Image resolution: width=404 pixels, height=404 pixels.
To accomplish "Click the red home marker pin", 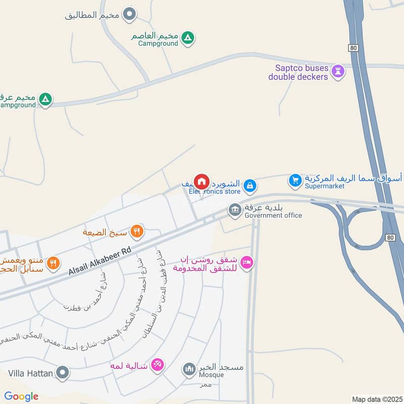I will [201, 181].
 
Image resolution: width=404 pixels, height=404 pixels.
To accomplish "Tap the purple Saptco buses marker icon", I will [338, 72].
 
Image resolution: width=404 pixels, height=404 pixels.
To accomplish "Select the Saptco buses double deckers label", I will [302, 72].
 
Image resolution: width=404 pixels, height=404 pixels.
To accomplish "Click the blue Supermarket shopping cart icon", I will [295, 179].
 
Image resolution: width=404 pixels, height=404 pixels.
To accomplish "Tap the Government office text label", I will [273, 216].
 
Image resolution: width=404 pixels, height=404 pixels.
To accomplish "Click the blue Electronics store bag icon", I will [249, 186].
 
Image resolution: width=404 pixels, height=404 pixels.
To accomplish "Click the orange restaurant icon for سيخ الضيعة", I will [136, 232].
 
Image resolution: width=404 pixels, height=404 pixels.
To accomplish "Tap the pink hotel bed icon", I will [247, 263].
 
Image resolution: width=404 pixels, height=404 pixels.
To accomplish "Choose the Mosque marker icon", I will [189, 370].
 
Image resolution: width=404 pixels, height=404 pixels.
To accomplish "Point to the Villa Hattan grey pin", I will [63, 373].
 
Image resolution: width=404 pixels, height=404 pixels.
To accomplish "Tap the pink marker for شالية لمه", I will [158, 365].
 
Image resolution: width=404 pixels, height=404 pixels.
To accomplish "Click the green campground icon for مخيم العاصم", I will [188, 37].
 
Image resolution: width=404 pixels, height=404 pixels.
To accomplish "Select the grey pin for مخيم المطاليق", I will [130, 14].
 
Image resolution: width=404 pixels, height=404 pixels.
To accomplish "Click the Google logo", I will [21, 396].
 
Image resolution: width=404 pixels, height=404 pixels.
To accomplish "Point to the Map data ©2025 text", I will [376, 399].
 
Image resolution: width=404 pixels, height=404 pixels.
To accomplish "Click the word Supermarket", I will [324, 186].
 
